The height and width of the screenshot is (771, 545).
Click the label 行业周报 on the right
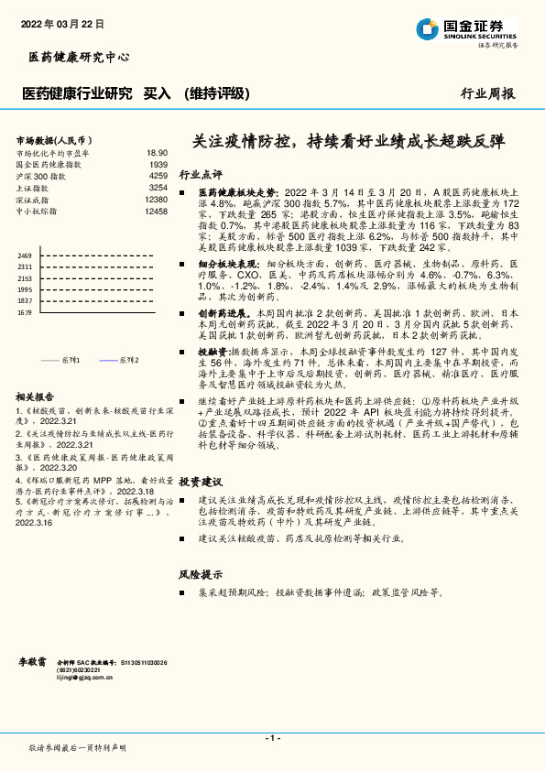pyautogui.click(x=486, y=93)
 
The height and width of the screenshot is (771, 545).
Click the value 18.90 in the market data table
pyautogui.click(x=157, y=153)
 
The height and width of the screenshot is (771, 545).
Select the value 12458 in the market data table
pyautogui.click(x=156, y=211)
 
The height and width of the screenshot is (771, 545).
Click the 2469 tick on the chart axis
pyautogui.click(x=25, y=255)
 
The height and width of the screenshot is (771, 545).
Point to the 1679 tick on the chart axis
pyautogui.click(x=25, y=312)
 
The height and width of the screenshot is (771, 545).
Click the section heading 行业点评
pyautogui.click(x=201, y=173)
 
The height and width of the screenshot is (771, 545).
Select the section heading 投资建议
pyautogui.click(x=201, y=482)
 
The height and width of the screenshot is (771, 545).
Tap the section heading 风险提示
pyautogui.click(x=201, y=574)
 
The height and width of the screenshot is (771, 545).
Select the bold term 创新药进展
pyautogui.click(x=223, y=312)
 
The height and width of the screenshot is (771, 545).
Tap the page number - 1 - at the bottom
pyautogui.click(x=272, y=737)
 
